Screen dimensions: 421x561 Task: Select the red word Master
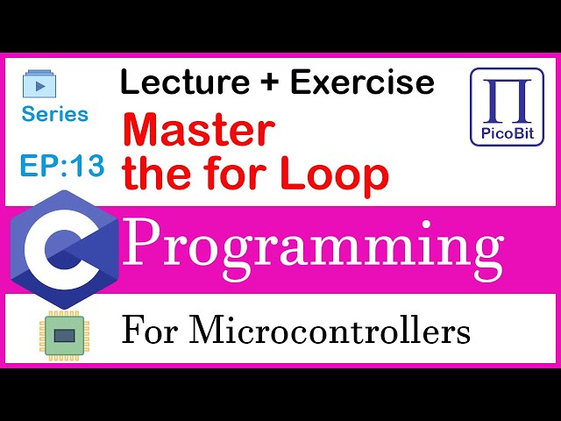pos(198,132)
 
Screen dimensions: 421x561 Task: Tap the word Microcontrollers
pos(330,332)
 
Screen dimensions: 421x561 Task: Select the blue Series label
pos(55,114)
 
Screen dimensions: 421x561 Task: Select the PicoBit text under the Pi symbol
pos(507,135)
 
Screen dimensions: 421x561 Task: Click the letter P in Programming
pos(144,245)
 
